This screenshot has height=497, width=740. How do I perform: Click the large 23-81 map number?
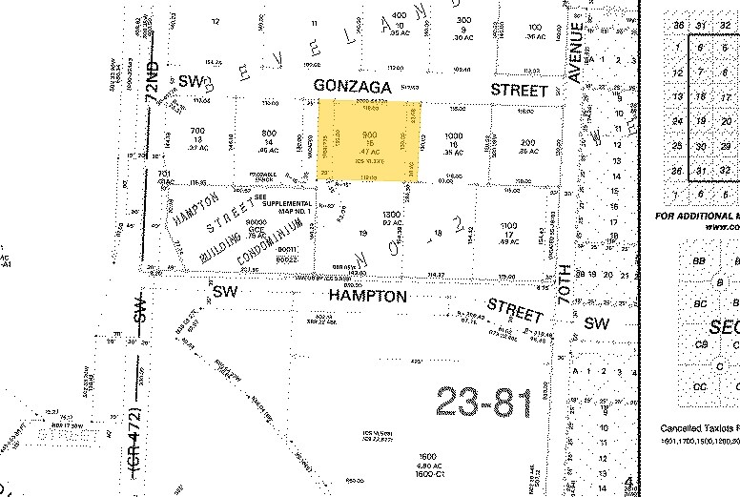[x=483, y=403]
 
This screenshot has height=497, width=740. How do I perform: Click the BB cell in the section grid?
[x=701, y=259]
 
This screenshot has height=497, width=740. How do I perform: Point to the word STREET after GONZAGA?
[x=516, y=89]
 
